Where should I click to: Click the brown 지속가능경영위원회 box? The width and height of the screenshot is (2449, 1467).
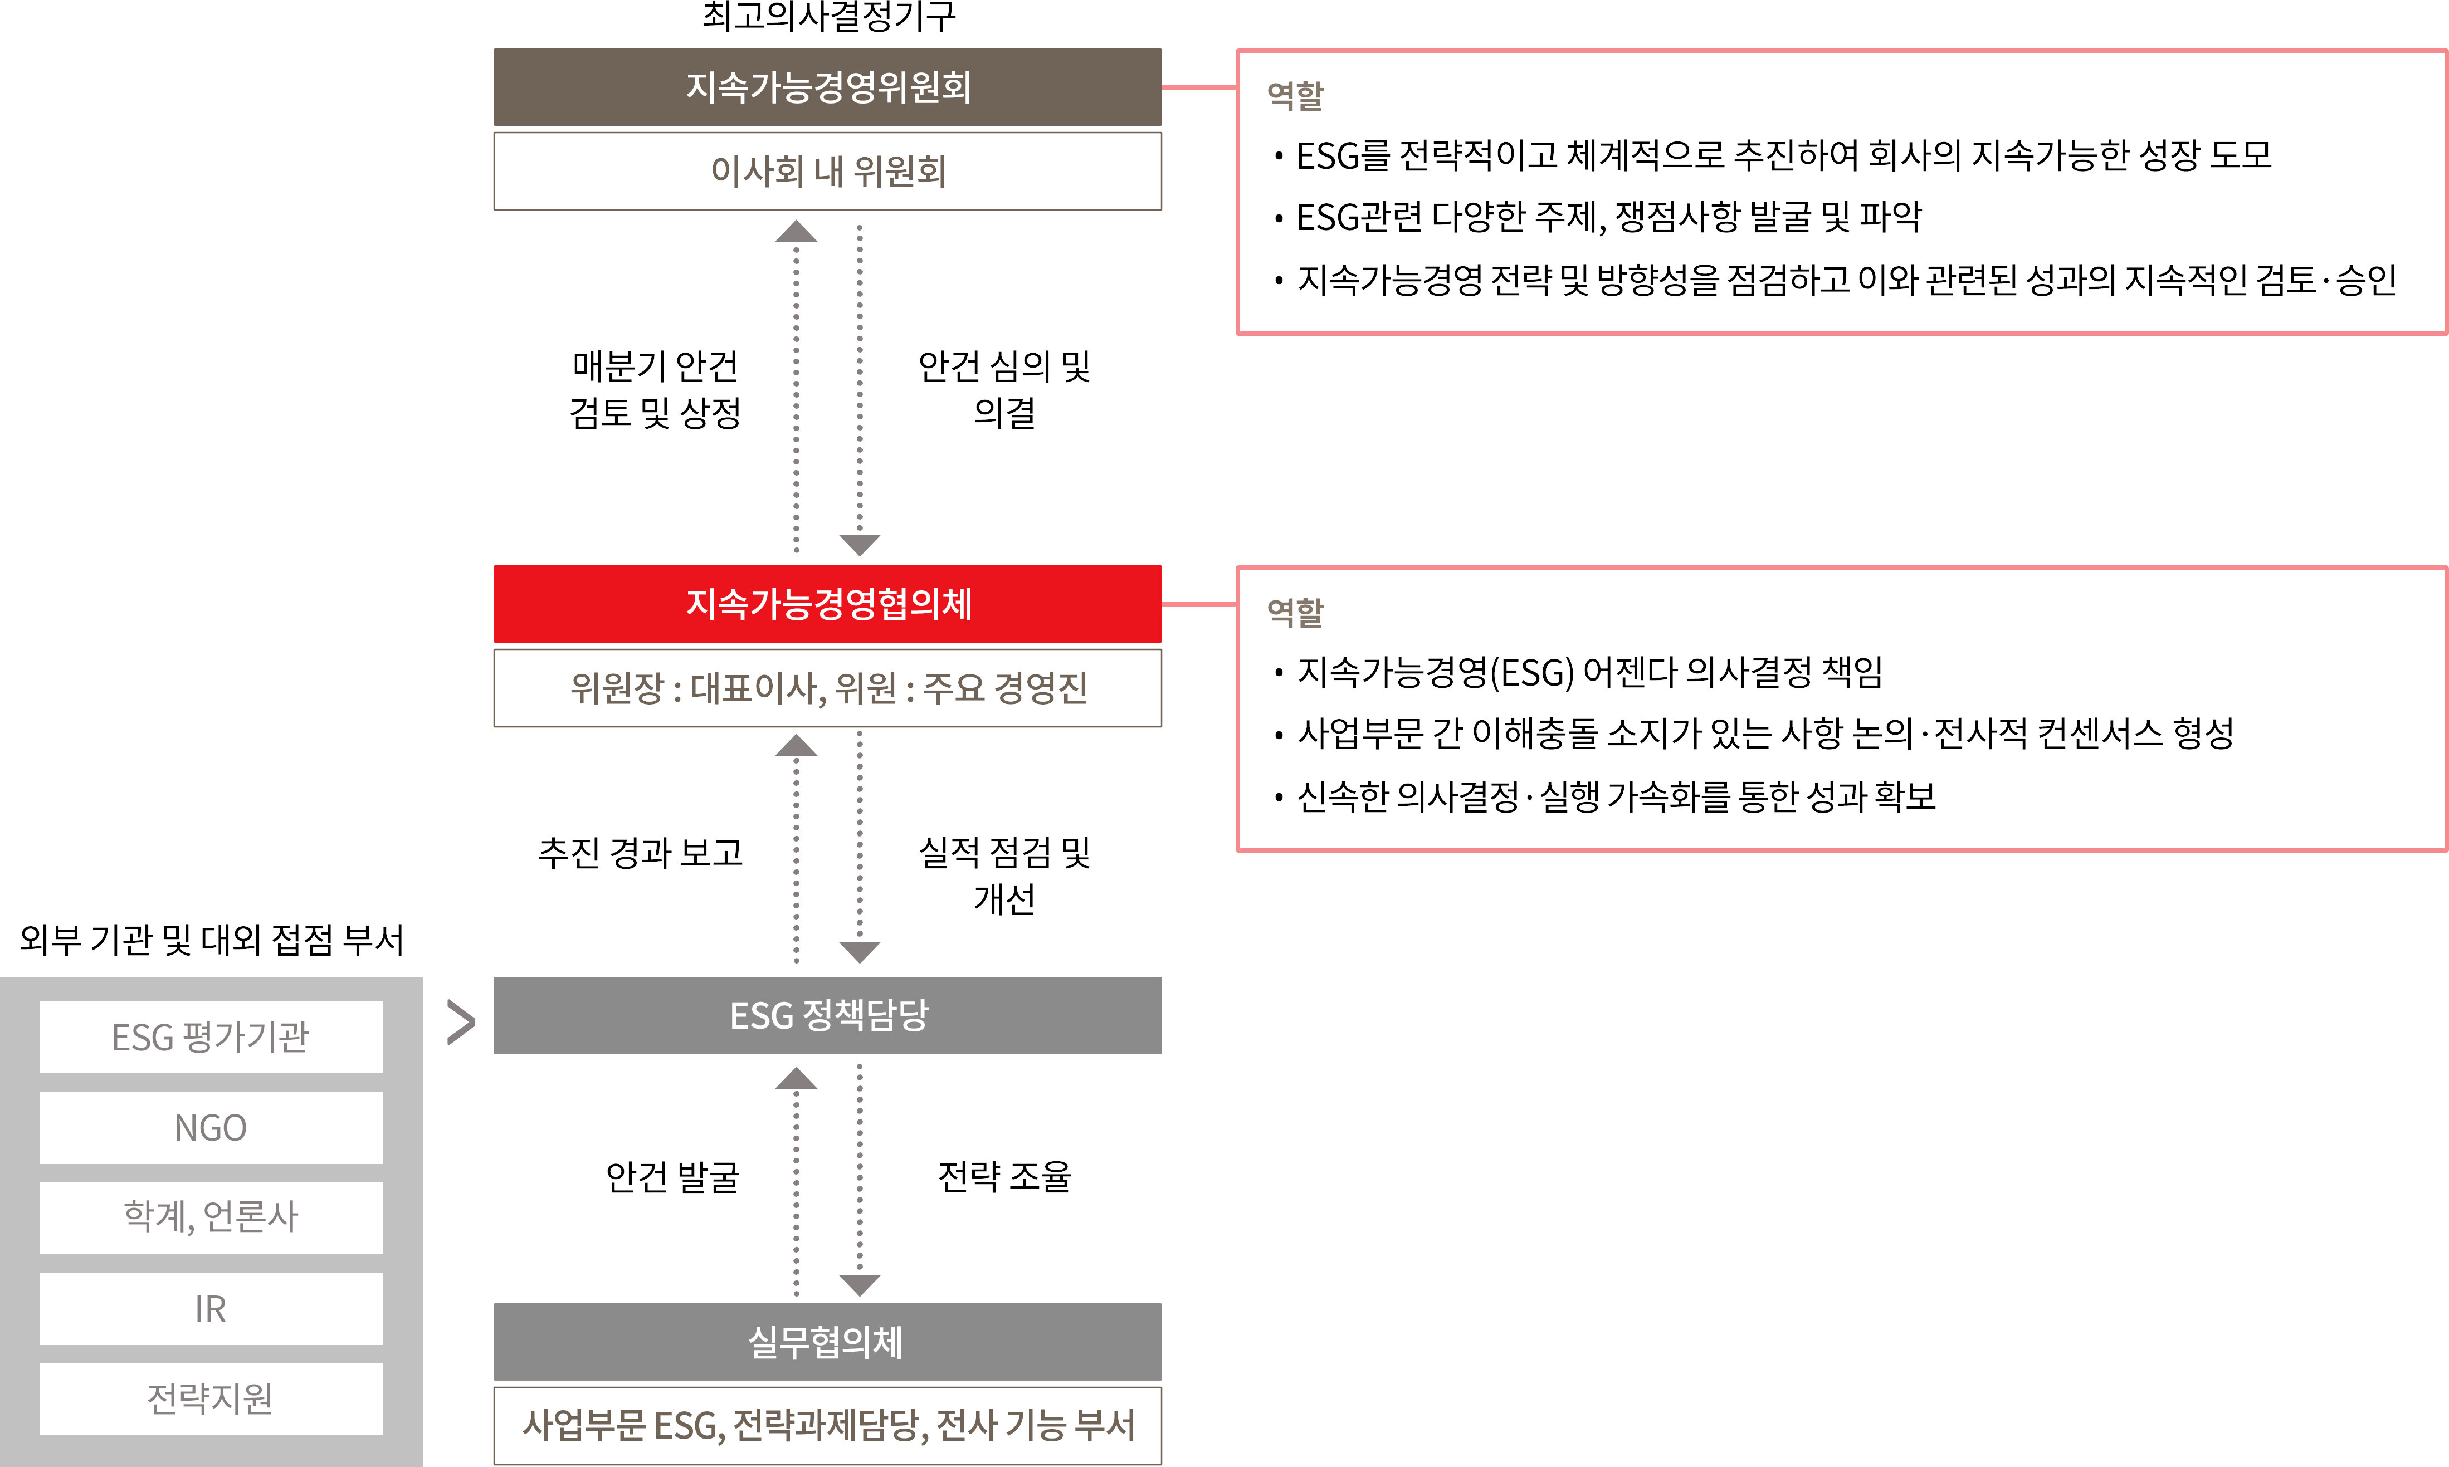[x=827, y=87]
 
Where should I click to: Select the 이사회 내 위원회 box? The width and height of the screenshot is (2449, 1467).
[x=827, y=171]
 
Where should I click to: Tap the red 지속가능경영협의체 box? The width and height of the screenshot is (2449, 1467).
[x=827, y=604]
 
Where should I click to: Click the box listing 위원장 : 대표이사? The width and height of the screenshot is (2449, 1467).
[x=827, y=688]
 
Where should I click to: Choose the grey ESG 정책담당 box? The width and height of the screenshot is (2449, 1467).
[x=827, y=1015]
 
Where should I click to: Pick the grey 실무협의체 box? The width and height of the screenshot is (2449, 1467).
[x=827, y=1342]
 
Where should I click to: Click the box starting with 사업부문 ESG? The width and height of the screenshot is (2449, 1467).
[x=827, y=1425]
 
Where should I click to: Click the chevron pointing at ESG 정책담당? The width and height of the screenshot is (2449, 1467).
[x=462, y=1022]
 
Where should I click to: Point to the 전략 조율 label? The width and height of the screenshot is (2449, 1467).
[x=1004, y=1176]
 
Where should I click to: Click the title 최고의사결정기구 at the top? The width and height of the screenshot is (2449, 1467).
[x=828, y=16]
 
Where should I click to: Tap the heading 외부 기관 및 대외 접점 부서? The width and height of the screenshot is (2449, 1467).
[x=212, y=939]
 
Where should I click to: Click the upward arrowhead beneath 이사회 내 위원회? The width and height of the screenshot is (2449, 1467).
[x=796, y=231]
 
